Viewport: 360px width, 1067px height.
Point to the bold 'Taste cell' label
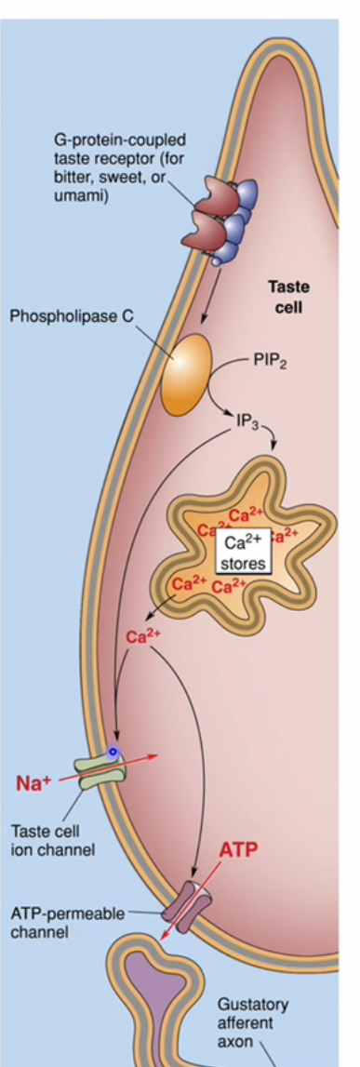[288, 297]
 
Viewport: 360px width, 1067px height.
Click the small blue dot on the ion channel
[113, 752]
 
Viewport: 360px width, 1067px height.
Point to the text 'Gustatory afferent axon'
[252, 1023]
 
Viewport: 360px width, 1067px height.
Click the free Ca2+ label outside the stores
[139, 637]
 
